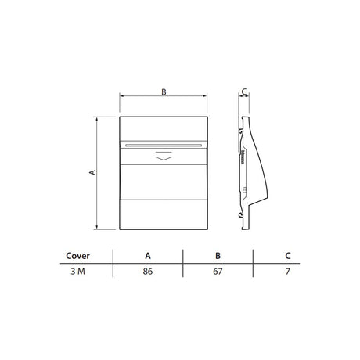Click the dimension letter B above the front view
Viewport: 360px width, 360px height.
pyautogui.click(x=164, y=92)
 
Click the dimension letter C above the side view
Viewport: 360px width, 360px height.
pyautogui.click(x=244, y=92)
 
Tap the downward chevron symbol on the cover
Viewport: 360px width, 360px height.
pyautogui.click(x=164, y=156)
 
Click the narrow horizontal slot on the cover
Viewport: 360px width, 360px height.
pyautogui.click(x=164, y=145)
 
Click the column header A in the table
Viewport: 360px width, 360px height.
pyautogui.click(x=148, y=255)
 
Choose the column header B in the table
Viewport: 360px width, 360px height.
pyautogui.click(x=218, y=255)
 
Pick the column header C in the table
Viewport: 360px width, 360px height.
pyautogui.click(x=287, y=255)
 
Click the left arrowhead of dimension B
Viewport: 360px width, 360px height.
pyautogui.click(x=121, y=98)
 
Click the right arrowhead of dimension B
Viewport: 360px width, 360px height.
pyautogui.click(x=208, y=98)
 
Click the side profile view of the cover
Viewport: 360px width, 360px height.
pyautogui.click(x=250, y=172)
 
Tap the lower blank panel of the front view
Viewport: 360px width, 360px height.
pyautogui.click(x=164, y=213)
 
